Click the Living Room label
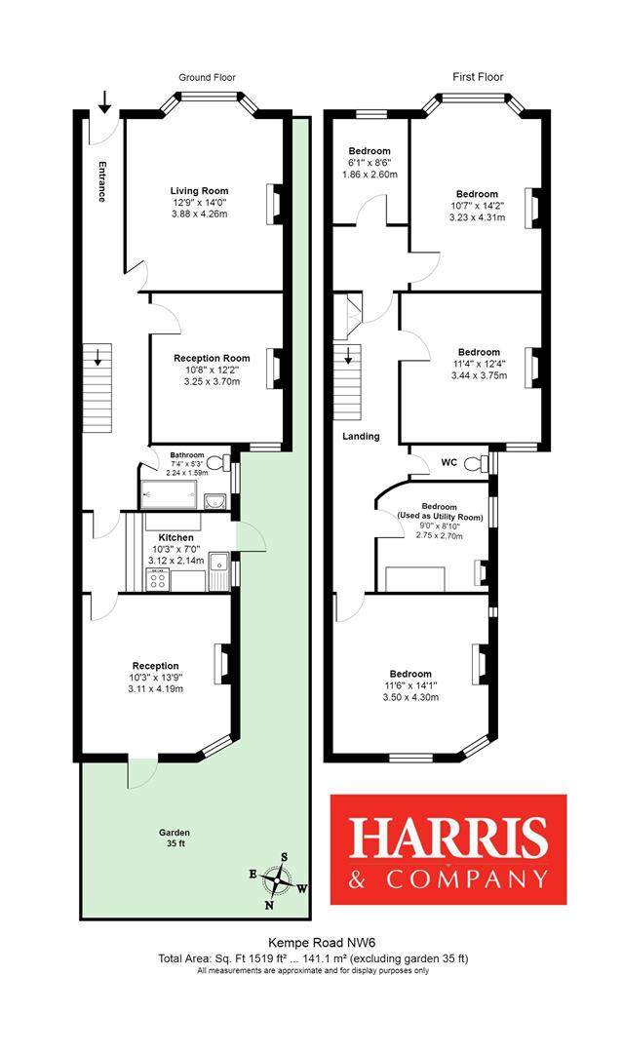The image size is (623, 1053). point(198,190)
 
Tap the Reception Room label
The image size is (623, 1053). point(212,358)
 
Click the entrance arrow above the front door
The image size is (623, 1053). point(104,98)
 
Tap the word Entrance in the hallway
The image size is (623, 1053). point(99,180)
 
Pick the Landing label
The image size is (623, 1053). point(360,436)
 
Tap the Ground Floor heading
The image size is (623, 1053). point(207,77)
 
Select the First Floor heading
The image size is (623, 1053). point(478,77)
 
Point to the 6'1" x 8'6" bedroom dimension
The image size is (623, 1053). point(370,163)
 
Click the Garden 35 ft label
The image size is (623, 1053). point(176,838)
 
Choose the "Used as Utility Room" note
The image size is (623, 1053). point(439,516)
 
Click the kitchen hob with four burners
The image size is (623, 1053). point(156,581)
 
